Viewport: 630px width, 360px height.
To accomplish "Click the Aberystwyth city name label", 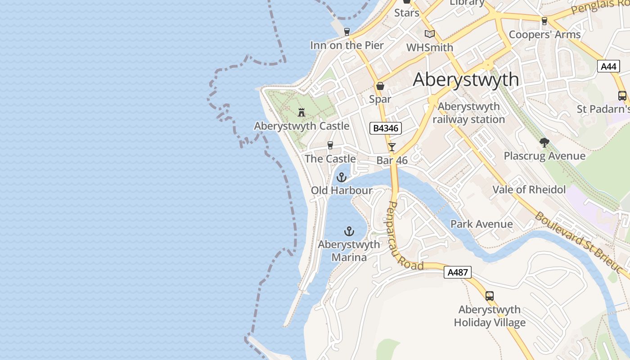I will coord(466,80).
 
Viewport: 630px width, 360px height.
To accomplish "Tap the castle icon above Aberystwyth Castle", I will coord(301,112).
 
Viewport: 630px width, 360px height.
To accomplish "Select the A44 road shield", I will coord(608,67).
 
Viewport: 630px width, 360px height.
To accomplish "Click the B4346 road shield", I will coord(385,128).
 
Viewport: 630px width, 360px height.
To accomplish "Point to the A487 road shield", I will coord(458,272).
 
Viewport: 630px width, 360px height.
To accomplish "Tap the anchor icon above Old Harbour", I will coord(342,177).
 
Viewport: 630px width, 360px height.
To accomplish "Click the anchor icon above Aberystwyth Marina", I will coord(349,231).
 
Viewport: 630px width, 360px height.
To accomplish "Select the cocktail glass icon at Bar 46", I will coord(392,147).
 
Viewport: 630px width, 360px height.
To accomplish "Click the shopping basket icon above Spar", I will coord(380,86).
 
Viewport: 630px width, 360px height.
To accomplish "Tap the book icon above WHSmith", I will coord(430,34).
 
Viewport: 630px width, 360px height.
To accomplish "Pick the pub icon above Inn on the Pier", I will coord(346,32).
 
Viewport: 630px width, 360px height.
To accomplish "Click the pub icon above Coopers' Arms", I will coord(544,21).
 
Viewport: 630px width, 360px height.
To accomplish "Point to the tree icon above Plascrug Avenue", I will coord(544,143).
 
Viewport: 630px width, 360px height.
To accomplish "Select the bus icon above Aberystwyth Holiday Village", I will coord(489,296).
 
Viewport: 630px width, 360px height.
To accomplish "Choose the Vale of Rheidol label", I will coord(529,189).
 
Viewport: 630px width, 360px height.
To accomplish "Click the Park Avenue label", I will coord(481,224).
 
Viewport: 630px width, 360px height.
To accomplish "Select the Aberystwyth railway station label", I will coord(468,113).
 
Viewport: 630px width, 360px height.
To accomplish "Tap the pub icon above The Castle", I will coord(330,145).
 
